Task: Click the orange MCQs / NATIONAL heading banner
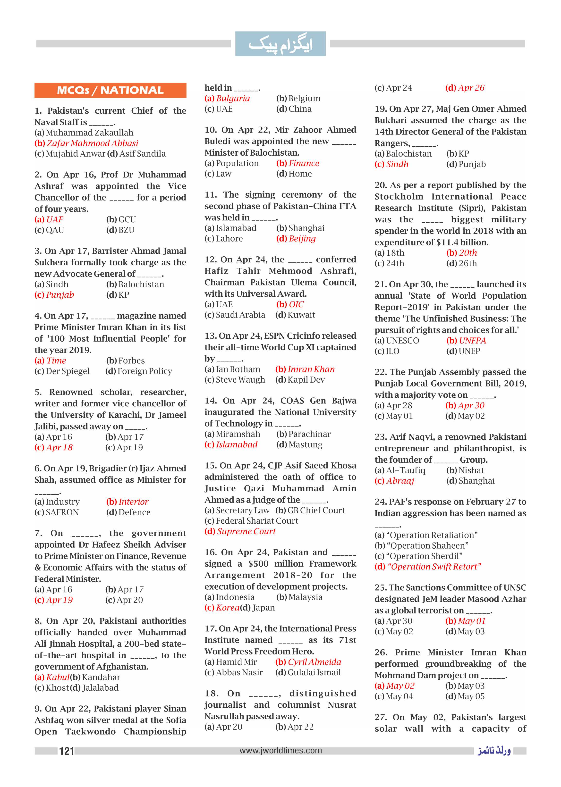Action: (110, 91)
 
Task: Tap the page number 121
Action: (66, 751)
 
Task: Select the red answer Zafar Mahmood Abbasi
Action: (92, 143)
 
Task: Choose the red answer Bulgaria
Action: (233, 98)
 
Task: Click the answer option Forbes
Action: (131, 361)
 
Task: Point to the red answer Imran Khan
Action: (311, 369)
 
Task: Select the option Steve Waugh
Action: (240, 380)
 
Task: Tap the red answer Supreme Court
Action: (246, 531)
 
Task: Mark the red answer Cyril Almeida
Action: (314, 662)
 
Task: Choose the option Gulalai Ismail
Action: (314, 673)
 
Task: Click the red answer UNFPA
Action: (472, 341)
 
